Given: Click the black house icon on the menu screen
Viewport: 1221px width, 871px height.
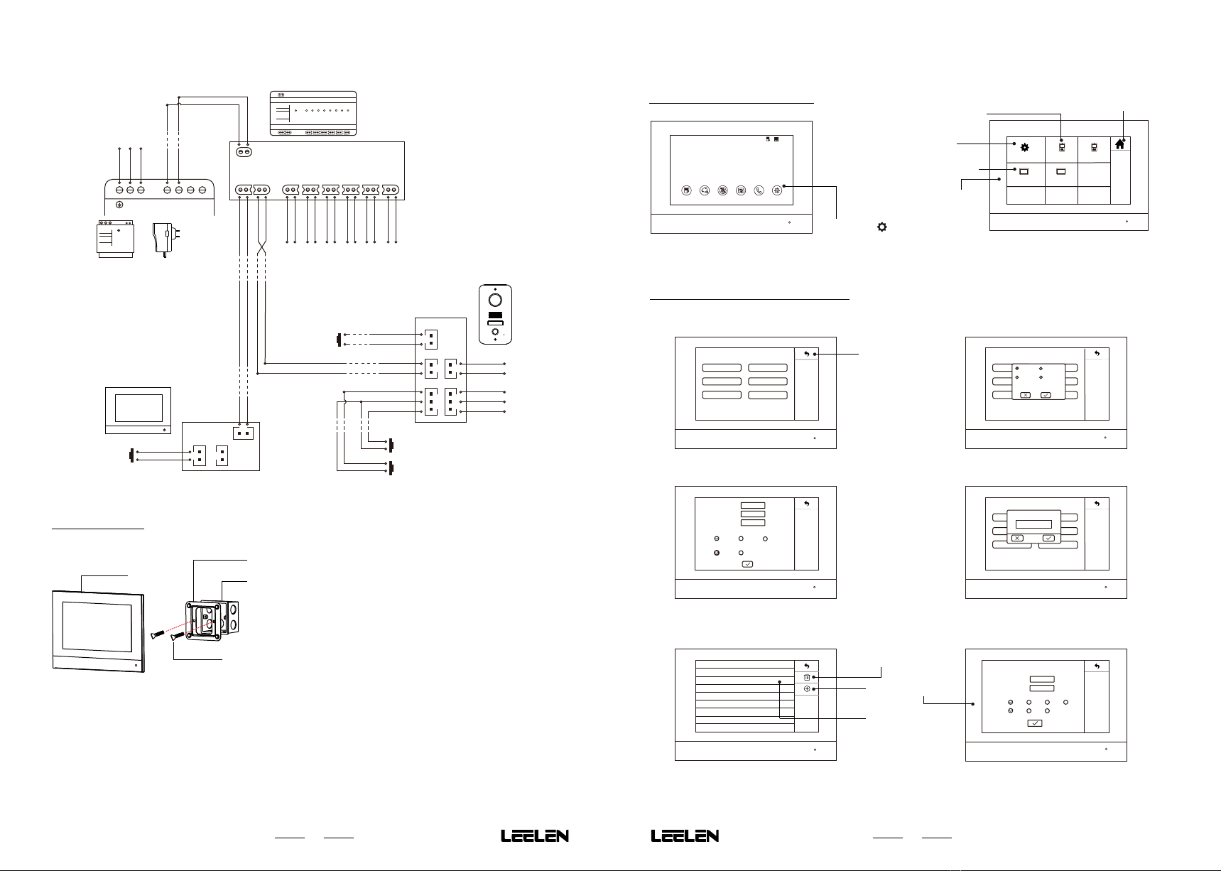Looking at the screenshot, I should (1120, 144).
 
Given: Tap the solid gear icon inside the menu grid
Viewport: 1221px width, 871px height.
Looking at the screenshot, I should (1024, 147).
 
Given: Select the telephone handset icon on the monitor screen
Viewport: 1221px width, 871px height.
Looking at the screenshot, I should (759, 190).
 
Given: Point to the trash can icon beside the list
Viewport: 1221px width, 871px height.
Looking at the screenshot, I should (807, 678).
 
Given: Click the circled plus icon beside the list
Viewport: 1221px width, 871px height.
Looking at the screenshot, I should (807, 689).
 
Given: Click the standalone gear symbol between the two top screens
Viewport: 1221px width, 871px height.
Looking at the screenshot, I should (881, 227).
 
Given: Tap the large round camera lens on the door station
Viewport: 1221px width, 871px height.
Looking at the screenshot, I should (495, 301).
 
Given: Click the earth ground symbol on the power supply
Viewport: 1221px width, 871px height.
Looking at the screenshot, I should (120, 205).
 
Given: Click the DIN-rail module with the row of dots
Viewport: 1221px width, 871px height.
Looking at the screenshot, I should (313, 113).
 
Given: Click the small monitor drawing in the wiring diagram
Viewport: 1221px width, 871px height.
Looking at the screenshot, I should (139, 410).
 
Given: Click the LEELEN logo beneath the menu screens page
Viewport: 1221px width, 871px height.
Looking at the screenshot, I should (685, 836).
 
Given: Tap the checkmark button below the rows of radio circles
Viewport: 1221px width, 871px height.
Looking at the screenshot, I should (1035, 723).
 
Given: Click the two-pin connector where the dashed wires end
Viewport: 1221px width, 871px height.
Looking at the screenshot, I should (244, 432).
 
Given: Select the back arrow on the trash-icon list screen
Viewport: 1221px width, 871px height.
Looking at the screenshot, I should (806, 666).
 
